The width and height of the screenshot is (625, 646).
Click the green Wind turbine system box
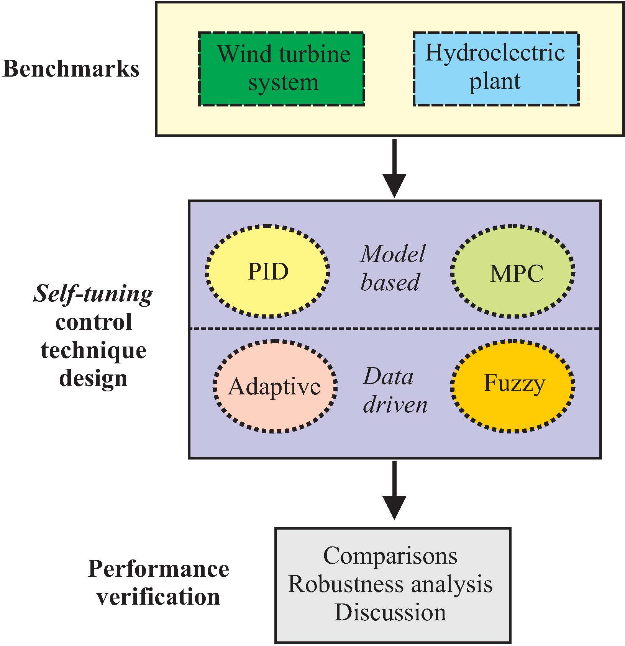pos(281,69)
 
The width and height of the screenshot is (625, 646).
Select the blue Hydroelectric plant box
pos(495,69)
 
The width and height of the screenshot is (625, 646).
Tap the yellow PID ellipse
pos(267,271)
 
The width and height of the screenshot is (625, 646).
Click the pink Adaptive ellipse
pos(275,386)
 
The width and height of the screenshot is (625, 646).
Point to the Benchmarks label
pos(71,69)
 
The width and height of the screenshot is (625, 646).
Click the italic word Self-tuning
pos(93,294)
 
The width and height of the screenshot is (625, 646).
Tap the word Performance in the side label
pos(158,569)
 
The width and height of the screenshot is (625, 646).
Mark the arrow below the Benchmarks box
pos(394,168)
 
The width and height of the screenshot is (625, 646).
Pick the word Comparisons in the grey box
pos(390,556)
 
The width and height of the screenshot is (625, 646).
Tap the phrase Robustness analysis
pos(390,584)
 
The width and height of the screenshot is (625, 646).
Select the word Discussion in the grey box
pos(390,612)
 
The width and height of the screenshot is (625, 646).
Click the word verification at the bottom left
pos(158,597)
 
